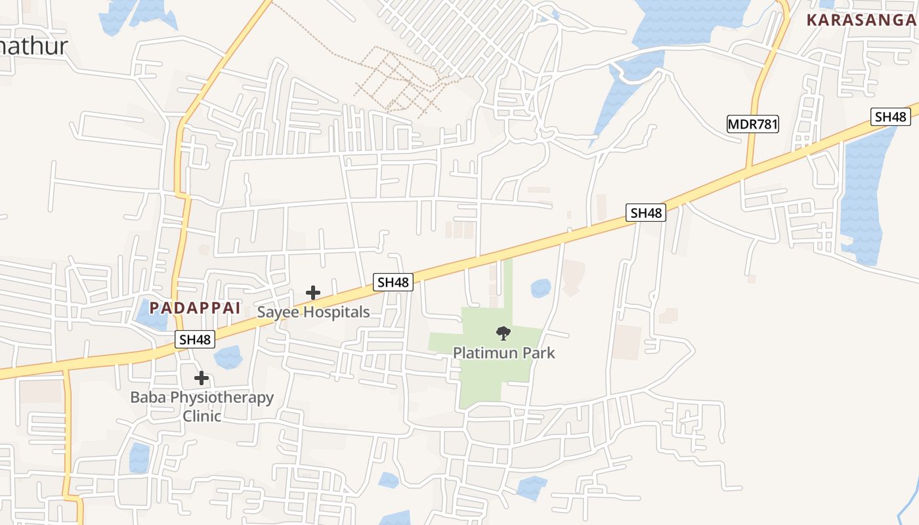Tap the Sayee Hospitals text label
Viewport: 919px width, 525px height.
(313, 312)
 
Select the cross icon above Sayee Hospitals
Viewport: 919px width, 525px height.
(313, 293)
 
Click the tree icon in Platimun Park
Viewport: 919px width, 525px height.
(503, 333)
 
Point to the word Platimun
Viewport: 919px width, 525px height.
(485, 353)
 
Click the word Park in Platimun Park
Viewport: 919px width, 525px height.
(538, 353)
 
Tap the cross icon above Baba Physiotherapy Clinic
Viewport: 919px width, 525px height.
(202, 378)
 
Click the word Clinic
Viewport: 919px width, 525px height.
(202, 416)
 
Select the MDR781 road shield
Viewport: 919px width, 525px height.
(753, 124)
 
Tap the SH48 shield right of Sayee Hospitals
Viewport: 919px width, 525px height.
(393, 282)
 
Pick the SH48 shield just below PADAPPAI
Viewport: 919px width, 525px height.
(196, 339)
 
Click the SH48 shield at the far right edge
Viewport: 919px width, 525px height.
(891, 117)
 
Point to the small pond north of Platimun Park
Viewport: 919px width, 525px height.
(540, 287)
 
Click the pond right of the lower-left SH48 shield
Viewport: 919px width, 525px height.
(228, 357)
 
